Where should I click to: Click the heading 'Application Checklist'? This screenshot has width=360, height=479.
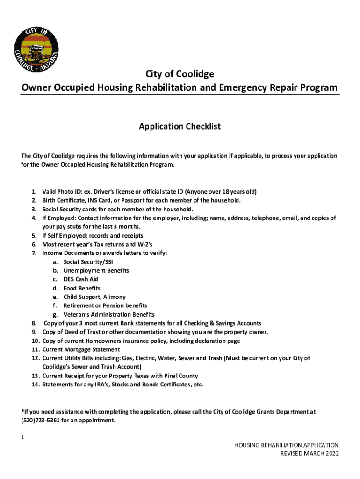(x=180, y=127)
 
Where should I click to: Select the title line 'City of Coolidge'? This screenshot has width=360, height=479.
(x=180, y=74)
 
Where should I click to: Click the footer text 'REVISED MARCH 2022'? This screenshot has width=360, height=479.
(x=309, y=453)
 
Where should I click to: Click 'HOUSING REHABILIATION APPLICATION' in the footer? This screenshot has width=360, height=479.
(x=286, y=445)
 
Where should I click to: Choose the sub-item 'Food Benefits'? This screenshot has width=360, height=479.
(x=82, y=288)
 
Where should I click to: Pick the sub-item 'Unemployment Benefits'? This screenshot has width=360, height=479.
(x=96, y=270)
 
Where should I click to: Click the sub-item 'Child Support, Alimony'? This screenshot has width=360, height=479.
(x=94, y=297)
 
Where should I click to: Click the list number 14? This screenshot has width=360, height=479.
(x=35, y=385)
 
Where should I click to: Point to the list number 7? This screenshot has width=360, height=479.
(x=34, y=253)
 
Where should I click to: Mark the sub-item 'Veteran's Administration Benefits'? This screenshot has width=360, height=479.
(x=109, y=314)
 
